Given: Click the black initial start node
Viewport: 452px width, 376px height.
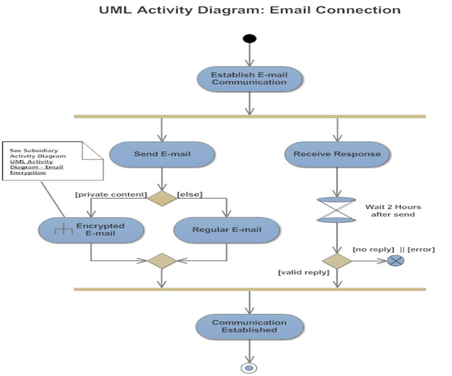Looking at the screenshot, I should pos(249,39).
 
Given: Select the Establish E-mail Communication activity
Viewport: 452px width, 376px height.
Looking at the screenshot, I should pos(249,79).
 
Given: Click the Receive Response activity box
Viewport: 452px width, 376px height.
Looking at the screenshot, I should pos(337,154).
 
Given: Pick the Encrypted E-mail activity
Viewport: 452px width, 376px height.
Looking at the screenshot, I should pos(91,229).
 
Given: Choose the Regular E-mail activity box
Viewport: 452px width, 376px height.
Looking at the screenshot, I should pos(227,229).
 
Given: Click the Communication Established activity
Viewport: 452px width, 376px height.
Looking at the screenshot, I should pos(249,326).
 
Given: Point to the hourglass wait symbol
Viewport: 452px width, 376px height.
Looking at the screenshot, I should pos(336,210).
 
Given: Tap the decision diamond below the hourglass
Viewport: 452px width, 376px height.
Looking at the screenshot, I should pos(336,261).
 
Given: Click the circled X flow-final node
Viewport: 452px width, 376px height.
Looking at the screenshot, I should pos(396,261).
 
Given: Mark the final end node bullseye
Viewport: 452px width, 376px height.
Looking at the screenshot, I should pos(249,368).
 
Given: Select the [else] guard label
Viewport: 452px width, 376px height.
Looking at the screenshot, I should pos(190,194).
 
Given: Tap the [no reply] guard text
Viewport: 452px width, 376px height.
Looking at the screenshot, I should pos(372,249).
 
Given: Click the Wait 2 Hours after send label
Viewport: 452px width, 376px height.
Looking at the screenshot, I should pos(393,211).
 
